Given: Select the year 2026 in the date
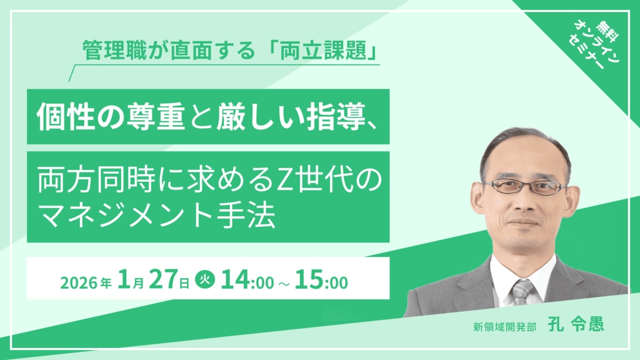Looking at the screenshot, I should (79, 282).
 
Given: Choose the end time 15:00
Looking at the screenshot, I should (322, 281).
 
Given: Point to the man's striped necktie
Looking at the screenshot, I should (522, 291).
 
